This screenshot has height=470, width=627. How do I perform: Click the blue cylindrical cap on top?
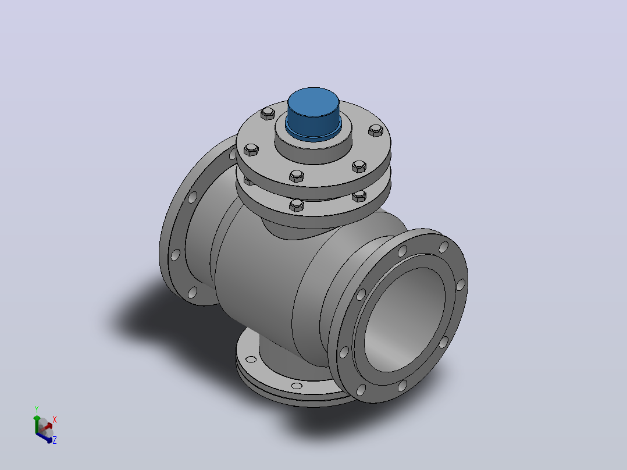click(313, 113)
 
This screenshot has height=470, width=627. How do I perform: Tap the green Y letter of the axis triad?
click(37, 409)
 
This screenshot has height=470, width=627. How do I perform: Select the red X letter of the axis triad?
click(55, 419)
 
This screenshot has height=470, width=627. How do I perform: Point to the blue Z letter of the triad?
click(55, 440)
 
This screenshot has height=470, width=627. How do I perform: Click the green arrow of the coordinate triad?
click(37, 424)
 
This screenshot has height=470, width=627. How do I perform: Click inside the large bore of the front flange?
click(404, 319)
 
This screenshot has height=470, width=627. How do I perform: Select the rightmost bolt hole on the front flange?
click(461, 285)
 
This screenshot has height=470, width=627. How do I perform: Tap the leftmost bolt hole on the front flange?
click(344, 352)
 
